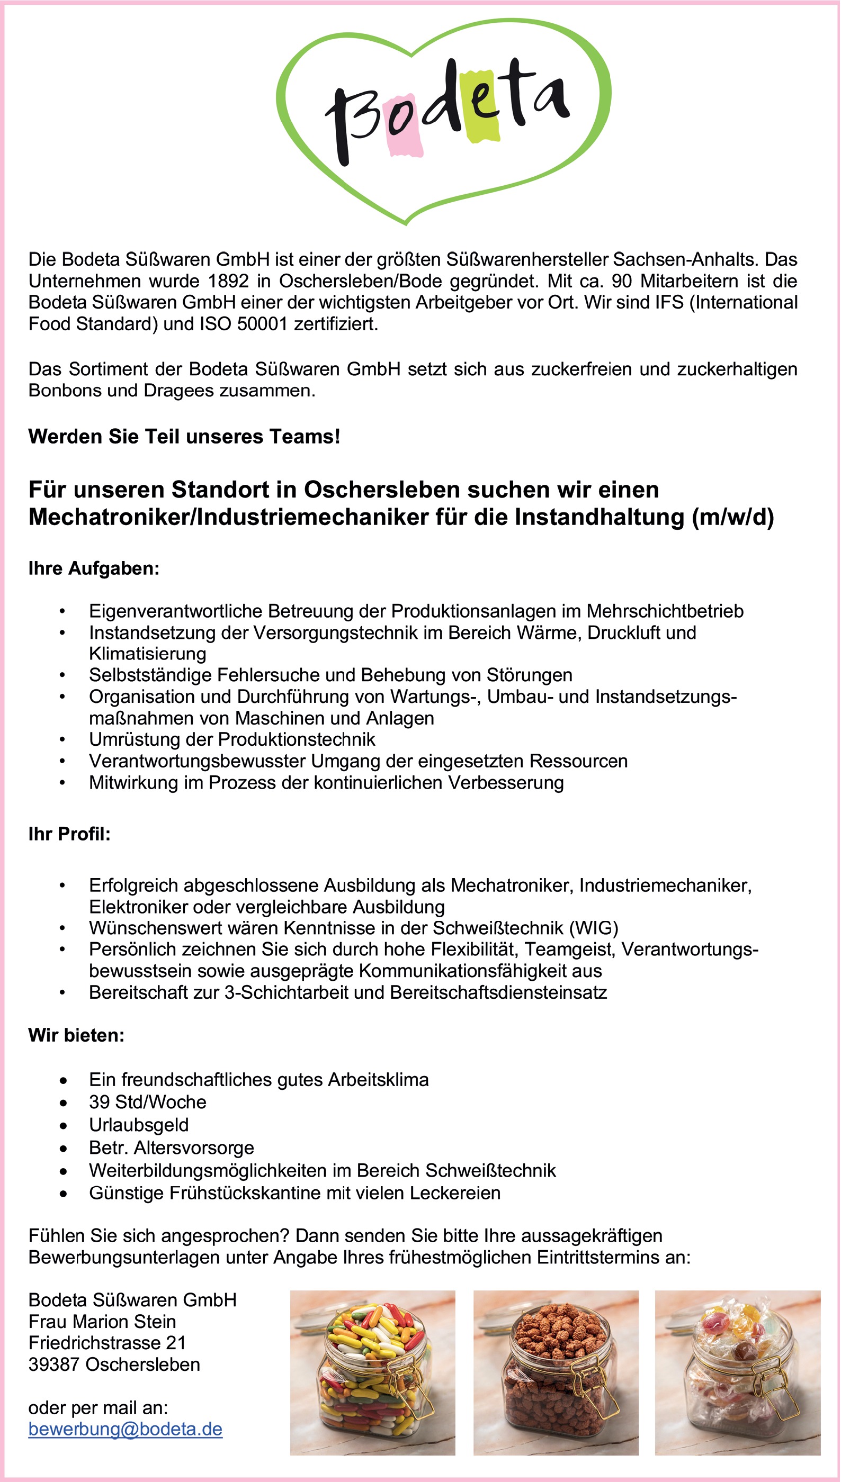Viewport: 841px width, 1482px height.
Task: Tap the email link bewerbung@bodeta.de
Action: pos(126,1429)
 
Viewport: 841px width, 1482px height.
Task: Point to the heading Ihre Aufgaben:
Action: pos(94,568)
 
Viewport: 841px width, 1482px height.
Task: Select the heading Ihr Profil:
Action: pos(69,834)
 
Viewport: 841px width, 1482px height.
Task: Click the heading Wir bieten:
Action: pos(76,1035)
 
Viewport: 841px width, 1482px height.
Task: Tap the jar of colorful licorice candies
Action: pos(372,1372)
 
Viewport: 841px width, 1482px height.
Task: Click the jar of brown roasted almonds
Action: pos(556,1372)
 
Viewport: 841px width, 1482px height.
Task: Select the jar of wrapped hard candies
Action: pos(738,1372)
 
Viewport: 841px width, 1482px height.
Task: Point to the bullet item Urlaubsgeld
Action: pos(139,1125)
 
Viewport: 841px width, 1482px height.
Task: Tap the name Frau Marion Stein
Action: pos(102,1321)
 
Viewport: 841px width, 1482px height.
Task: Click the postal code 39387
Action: pos(53,1364)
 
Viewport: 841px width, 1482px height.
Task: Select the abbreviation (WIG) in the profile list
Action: pos(593,928)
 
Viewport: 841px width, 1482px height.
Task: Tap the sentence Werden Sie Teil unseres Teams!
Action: pos(184,436)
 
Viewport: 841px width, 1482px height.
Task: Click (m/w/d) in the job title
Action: pos(732,517)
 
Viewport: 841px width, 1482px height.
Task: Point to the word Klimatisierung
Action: pos(147,654)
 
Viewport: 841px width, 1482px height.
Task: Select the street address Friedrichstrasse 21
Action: pos(107,1343)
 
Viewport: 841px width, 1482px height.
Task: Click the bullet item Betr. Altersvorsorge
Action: pos(172,1148)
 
